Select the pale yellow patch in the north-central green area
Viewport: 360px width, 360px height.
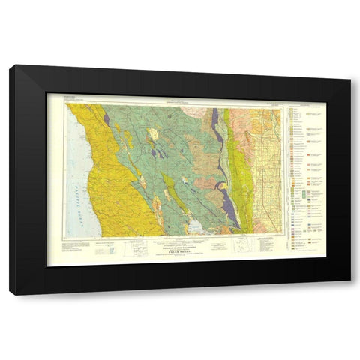(x=153, y=135)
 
